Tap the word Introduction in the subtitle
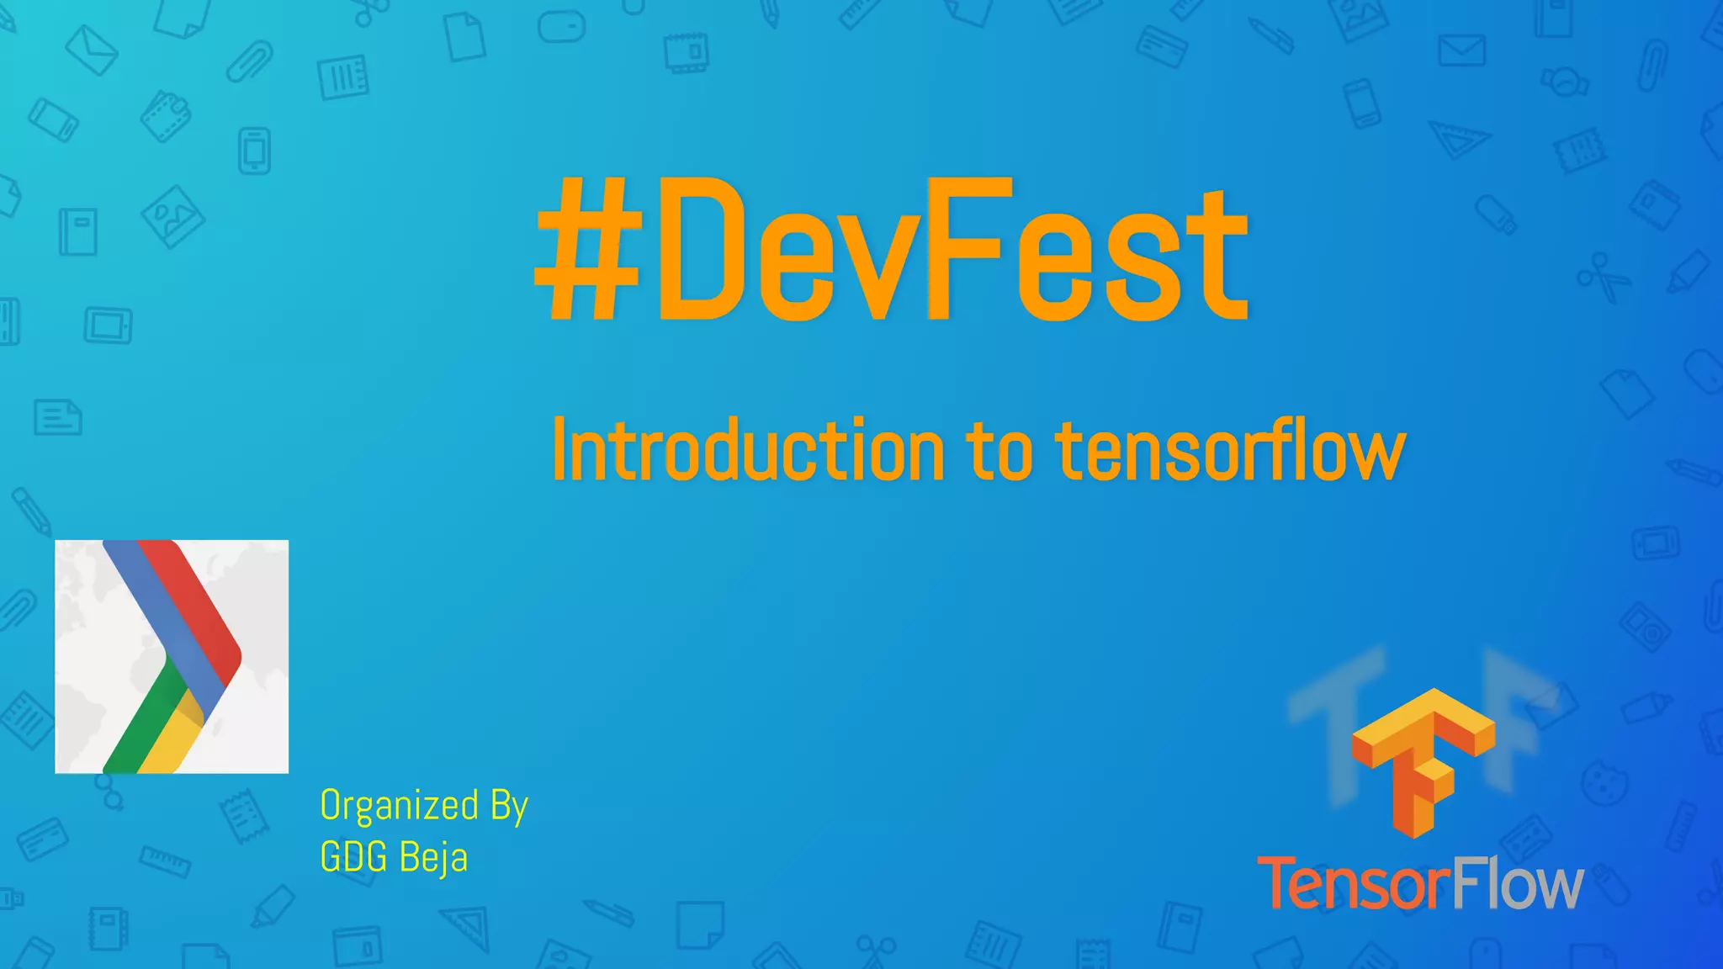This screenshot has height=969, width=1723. [748, 452]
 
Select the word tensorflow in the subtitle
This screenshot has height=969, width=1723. [1230, 452]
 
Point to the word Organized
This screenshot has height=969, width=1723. [400, 806]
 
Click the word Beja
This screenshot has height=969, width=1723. [433, 858]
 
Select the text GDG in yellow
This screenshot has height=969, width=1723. [353, 858]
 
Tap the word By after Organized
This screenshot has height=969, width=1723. [509, 806]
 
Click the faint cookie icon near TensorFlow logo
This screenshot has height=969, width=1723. [1604, 782]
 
